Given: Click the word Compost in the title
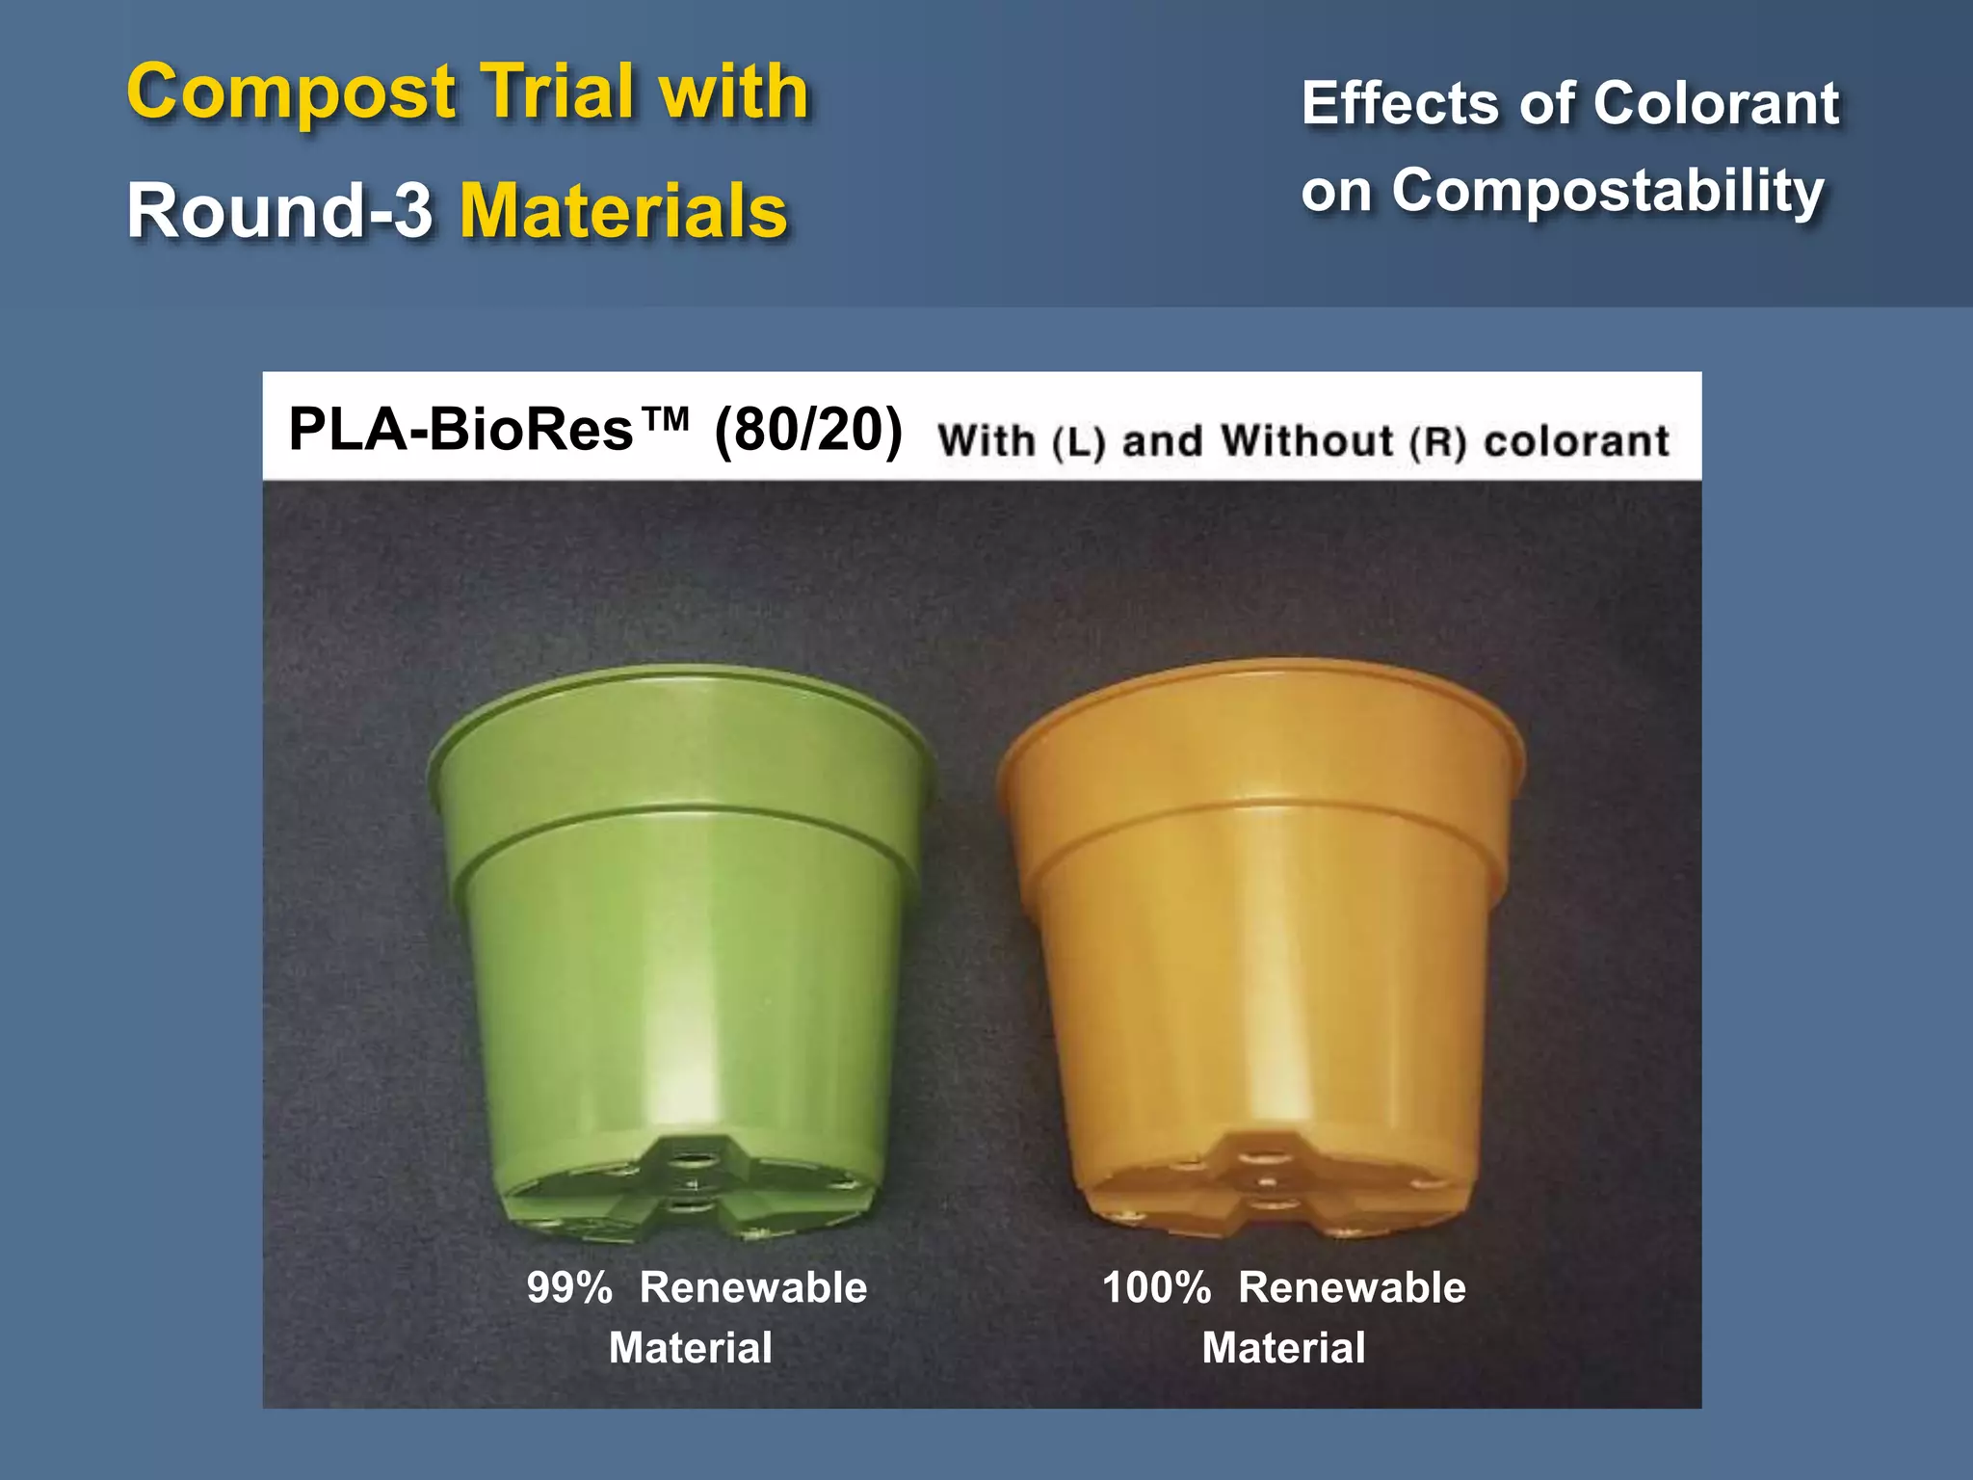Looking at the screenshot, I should click(291, 93).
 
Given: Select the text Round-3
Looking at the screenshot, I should click(279, 211).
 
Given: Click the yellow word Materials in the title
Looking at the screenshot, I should click(623, 211).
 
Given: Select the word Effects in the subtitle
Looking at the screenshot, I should click(1402, 103).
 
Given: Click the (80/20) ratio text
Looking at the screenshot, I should click(807, 429).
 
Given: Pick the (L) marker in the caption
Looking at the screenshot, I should click(1078, 442).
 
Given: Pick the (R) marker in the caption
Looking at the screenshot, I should click(1437, 442).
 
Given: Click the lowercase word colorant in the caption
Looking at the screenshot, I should click(1576, 441).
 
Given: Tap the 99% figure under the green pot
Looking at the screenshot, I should click(569, 1288).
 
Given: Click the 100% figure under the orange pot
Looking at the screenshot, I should click(1156, 1288).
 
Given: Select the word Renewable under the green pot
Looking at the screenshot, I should click(753, 1288).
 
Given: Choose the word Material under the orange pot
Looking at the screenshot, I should click(1283, 1348).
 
